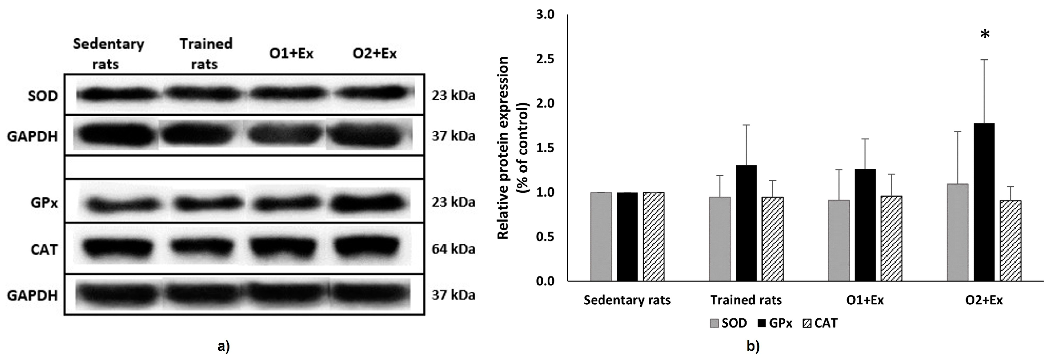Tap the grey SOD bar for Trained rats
coord(720,239)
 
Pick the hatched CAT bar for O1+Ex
coord(891,238)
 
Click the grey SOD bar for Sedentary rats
coord(601,237)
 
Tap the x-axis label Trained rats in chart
coord(746,300)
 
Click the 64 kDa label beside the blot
coord(453,249)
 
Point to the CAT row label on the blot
coord(44,249)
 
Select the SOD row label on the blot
coord(43,96)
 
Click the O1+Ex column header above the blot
coord(291,54)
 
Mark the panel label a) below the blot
coord(224,347)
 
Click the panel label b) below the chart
coord(753,347)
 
